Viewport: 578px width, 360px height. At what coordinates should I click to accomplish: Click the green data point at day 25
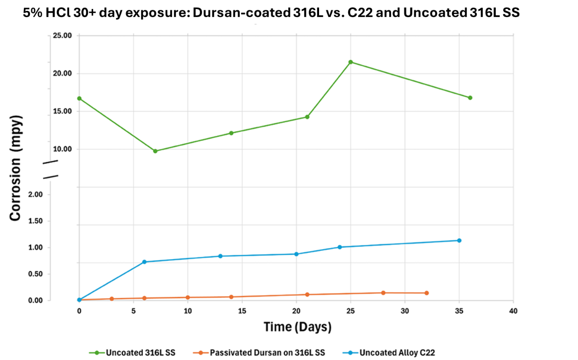351,62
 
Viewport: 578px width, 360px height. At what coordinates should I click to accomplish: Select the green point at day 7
156,151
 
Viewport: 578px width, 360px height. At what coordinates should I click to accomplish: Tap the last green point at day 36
470,98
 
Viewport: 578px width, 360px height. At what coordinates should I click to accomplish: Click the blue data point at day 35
459,241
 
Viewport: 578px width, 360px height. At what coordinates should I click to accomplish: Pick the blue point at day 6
144,262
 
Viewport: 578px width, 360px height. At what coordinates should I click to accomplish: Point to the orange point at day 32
427,293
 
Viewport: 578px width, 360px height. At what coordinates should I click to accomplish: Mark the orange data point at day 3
112,298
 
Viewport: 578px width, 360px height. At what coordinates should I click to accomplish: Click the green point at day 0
79,98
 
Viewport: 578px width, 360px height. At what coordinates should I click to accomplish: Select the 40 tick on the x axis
513,311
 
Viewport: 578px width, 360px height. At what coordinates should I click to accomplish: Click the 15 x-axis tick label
242,311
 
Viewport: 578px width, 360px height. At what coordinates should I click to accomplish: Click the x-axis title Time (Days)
297,327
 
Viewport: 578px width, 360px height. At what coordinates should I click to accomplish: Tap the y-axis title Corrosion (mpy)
16,168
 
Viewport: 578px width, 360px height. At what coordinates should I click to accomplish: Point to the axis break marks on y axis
51,169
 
